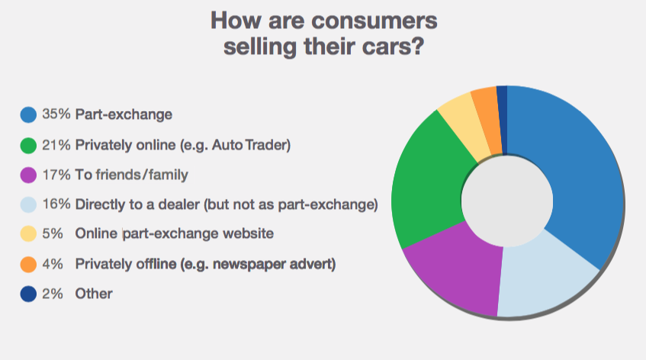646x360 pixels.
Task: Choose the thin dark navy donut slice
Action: click(502, 120)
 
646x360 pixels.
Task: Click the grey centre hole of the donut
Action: click(506, 201)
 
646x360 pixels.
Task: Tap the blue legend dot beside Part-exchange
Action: click(28, 114)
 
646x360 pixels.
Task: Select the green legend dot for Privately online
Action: click(28, 145)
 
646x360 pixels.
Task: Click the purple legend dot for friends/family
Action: click(28, 175)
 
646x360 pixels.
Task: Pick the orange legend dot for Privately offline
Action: click(28, 264)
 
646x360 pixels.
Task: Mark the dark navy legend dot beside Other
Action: click(28, 294)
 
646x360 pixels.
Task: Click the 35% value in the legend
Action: click(56, 114)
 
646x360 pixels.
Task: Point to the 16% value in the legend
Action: click(56, 204)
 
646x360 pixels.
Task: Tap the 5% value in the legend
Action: click(53, 233)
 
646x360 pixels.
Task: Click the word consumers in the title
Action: click(374, 21)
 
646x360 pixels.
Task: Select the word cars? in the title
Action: click(393, 47)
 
